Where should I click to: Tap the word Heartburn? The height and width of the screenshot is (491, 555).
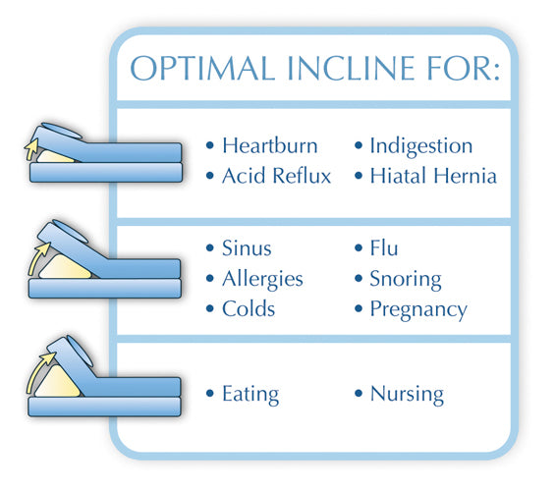click(x=269, y=146)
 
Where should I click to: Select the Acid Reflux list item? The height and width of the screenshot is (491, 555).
click(x=276, y=177)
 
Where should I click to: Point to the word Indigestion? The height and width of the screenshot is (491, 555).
click(x=420, y=146)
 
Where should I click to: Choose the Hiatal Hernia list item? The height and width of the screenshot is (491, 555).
click(x=433, y=177)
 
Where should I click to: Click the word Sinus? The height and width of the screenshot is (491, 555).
click(x=246, y=248)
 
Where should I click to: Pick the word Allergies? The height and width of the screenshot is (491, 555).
click(x=262, y=279)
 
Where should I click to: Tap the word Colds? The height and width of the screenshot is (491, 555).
click(x=249, y=309)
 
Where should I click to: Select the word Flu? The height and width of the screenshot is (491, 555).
click(x=384, y=248)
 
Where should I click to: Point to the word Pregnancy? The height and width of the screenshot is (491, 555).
click(x=418, y=309)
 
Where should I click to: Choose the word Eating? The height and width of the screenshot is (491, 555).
click(x=250, y=395)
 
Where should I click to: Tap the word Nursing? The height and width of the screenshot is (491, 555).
click(x=407, y=395)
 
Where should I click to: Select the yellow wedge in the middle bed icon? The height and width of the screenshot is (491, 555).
click(x=66, y=263)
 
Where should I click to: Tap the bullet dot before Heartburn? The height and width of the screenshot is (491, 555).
click(x=209, y=147)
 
